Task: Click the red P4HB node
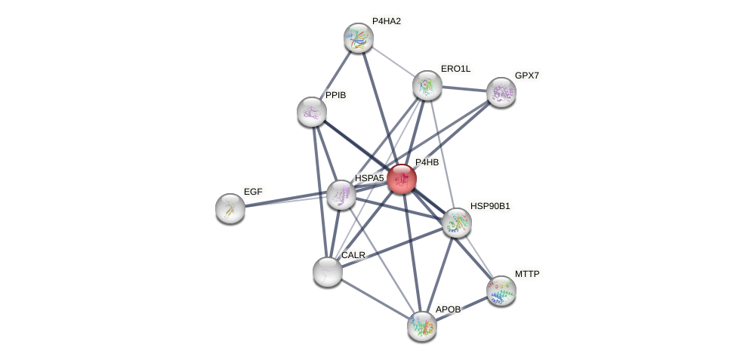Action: [x=402, y=179]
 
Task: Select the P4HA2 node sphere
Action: [x=359, y=38]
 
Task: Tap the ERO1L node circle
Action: [x=427, y=85]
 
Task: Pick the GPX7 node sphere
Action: [x=501, y=92]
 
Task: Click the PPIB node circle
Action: [x=312, y=112]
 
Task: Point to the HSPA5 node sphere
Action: [x=341, y=195]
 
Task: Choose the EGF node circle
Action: [x=230, y=208]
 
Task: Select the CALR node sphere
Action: [x=328, y=272]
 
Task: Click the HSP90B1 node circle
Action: [x=457, y=223]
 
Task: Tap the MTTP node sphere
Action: [x=501, y=290]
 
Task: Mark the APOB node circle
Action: [x=422, y=325]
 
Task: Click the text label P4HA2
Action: [x=386, y=21]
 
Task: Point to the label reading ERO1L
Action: [x=455, y=69]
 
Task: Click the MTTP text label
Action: [x=527, y=273]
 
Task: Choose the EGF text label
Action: [x=253, y=192]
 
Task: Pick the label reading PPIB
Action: [x=335, y=95]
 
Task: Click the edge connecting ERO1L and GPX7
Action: [x=464, y=89]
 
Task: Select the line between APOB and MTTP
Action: [x=461, y=308]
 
